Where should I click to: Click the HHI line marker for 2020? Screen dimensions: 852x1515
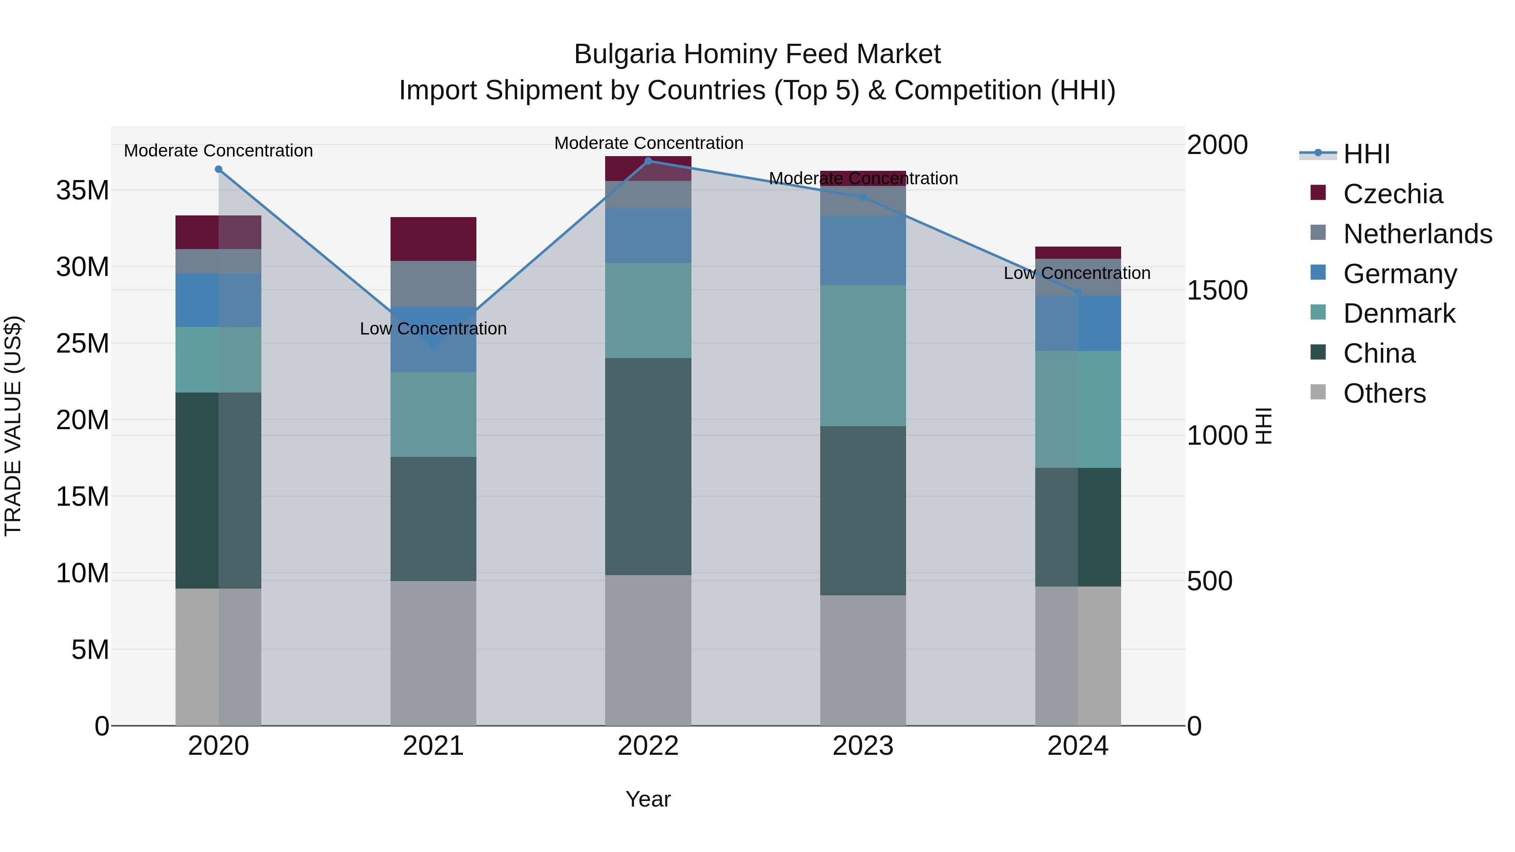click(x=218, y=169)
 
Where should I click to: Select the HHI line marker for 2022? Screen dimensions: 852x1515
click(x=648, y=161)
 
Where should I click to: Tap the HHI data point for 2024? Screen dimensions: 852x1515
click(x=1077, y=292)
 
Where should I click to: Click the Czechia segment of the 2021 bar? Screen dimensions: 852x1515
click(x=433, y=239)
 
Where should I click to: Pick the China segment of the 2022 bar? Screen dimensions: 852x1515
click(x=648, y=466)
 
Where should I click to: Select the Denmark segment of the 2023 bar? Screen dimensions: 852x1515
click(x=863, y=356)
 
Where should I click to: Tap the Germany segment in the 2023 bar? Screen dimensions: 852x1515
click(x=863, y=250)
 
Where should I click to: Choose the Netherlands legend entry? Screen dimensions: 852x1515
click(x=1417, y=234)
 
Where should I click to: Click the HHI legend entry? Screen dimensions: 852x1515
click(x=1366, y=154)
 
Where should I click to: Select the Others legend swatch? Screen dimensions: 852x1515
click(x=1318, y=392)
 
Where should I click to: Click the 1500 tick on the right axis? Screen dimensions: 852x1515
click(x=1217, y=290)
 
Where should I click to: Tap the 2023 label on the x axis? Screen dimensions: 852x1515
click(x=863, y=746)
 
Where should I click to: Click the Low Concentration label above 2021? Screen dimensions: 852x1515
click(x=433, y=329)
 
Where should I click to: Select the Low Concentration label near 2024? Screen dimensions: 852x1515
click(x=1077, y=273)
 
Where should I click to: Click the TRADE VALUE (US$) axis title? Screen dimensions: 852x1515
click(x=13, y=426)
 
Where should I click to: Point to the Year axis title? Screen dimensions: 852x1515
click(x=648, y=799)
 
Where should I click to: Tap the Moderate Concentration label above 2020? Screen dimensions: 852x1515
click(x=218, y=151)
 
